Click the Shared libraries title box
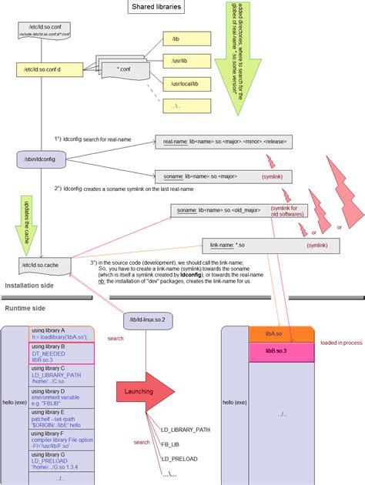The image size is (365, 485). (157, 7)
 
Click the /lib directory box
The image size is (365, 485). (181, 38)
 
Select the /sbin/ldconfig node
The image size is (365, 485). (38, 159)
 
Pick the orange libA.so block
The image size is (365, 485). (281, 334)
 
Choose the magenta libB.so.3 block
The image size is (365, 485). (281, 351)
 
